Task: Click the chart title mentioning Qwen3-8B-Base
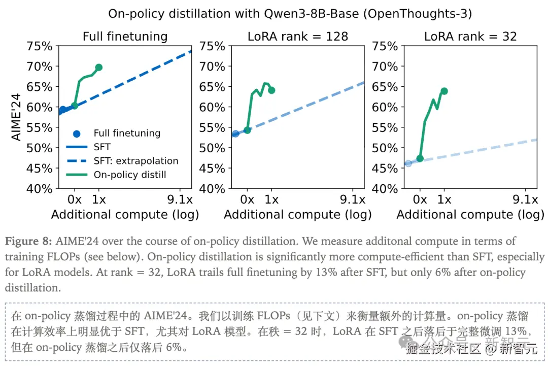tap(290, 14)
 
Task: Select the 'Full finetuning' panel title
tap(125, 37)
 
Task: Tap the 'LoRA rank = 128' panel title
tap(298, 37)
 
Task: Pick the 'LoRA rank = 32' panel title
tap(470, 37)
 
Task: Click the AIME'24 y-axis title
tap(17, 117)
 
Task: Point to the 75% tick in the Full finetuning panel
tap(40, 46)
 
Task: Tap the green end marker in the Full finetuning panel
tap(99, 68)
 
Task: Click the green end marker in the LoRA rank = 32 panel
tap(444, 91)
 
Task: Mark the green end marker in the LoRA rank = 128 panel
tap(271, 90)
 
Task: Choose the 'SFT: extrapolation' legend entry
tap(136, 161)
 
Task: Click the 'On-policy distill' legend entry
tap(130, 175)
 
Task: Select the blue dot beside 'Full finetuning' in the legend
tap(77, 134)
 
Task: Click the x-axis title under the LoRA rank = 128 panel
tap(298, 215)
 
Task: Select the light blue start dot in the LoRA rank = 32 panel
tap(408, 163)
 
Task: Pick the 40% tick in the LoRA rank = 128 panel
tap(212, 189)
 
